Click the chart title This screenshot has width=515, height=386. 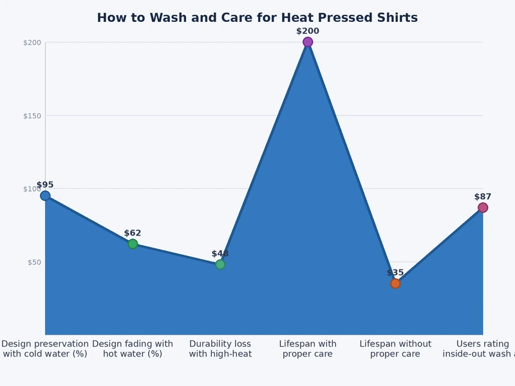click(257, 18)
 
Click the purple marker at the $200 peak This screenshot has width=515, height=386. click(308, 42)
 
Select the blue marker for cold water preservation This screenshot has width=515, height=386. click(45, 196)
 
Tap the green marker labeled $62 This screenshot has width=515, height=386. click(133, 244)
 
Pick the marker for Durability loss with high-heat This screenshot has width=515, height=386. click(220, 264)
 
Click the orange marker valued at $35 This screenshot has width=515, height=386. click(395, 283)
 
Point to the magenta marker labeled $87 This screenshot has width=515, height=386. click(483, 208)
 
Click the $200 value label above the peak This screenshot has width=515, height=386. click(308, 31)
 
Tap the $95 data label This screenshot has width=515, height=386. click(45, 185)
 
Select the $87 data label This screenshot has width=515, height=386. click(483, 197)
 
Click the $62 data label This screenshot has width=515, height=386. click(133, 233)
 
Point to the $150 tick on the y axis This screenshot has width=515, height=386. click(32, 116)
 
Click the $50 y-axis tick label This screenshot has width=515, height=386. click(33, 262)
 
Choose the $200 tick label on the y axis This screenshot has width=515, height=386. click(32, 42)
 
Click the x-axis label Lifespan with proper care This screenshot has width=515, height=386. click(308, 349)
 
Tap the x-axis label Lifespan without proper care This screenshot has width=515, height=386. click(395, 349)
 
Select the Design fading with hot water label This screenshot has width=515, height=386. click(133, 349)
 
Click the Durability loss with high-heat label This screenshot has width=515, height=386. click(220, 349)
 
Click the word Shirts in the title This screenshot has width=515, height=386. click(395, 18)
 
